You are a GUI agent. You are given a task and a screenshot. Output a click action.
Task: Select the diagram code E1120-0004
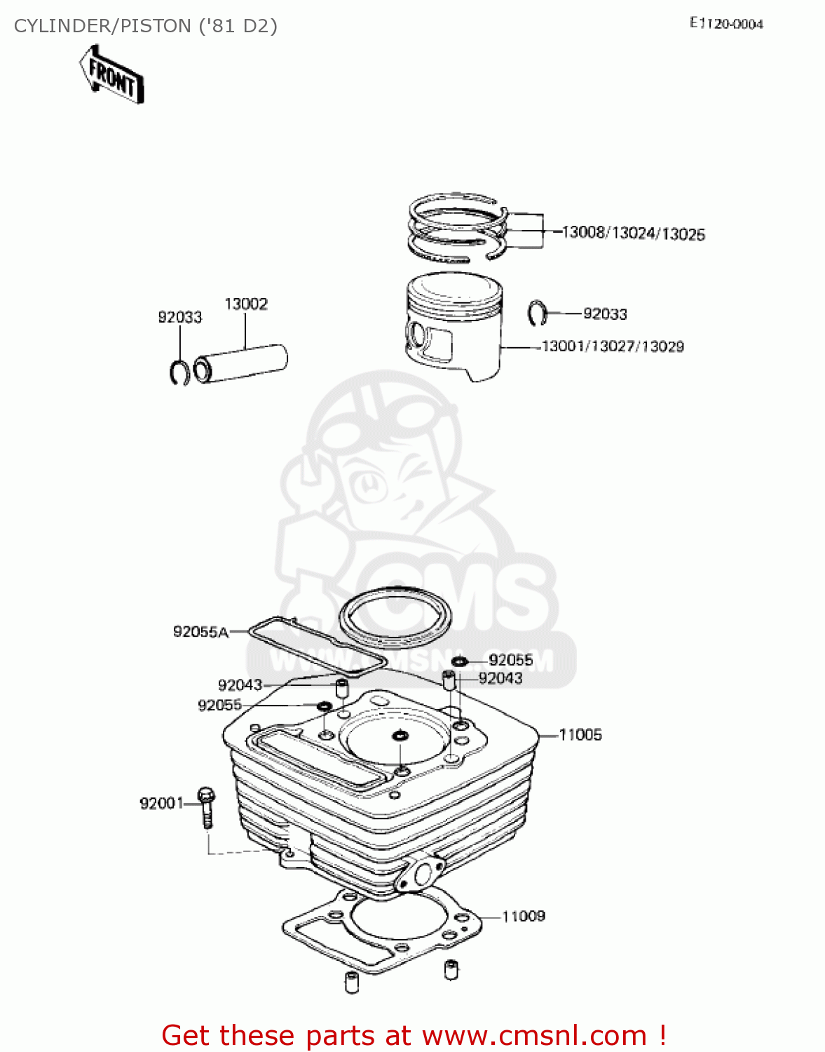click(x=726, y=24)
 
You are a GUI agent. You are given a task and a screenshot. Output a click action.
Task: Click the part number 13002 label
click(x=245, y=304)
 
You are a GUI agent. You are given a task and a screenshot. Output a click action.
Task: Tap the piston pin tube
click(x=241, y=363)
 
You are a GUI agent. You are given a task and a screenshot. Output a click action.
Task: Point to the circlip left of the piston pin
click(x=179, y=372)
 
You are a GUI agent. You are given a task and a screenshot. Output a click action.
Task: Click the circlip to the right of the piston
click(x=536, y=313)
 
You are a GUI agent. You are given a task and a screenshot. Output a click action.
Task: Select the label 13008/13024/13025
click(x=633, y=234)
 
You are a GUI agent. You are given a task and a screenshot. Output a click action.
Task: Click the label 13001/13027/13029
click(x=613, y=346)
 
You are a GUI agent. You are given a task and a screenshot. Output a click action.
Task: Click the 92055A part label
click(x=200, y=632)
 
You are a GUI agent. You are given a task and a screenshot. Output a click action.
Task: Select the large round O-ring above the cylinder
click(x=395, y=618)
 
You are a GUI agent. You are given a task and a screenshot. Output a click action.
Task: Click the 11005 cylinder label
click(x=580, y=735)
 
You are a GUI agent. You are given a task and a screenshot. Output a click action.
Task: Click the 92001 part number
click(x=161, y=804)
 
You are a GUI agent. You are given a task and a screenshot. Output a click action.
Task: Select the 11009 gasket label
click(x=523, y=916)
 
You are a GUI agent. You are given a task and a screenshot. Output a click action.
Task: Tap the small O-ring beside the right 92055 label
click(x=459, y=661)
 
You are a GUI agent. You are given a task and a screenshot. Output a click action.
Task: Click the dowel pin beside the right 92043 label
click(x=449, y=679)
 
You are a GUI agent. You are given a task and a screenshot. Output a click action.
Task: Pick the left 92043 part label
click(x=240, y=685)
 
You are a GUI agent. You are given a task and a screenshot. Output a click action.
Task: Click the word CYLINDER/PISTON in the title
click(x=102, y=26)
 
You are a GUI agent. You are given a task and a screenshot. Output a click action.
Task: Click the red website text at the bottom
click(x=414, y=1035)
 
